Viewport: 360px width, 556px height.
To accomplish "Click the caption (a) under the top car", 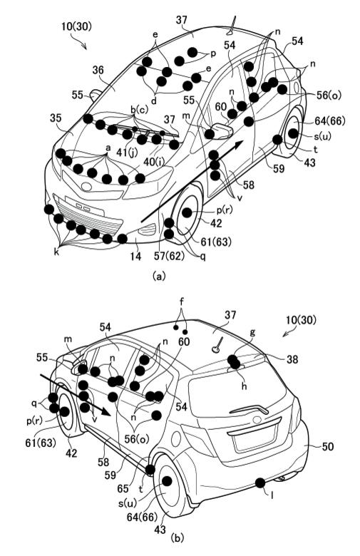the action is click(x=158, y=276).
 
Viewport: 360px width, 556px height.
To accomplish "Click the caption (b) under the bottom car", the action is click(x=178, y=547).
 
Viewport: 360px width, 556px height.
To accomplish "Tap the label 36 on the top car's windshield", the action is click(x=98, y=70).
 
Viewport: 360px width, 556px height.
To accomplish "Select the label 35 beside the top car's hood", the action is click(x=56, y=118).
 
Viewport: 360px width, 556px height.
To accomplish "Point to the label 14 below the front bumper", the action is click(x=136, y=256).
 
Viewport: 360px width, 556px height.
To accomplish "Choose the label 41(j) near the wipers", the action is click(x=127, y=153).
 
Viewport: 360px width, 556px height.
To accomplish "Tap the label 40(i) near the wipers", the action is click(x=154, y=162).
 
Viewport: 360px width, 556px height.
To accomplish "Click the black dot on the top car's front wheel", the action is click(x=187, y=212).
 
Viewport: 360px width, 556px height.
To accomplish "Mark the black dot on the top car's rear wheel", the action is click(x=293, y=133).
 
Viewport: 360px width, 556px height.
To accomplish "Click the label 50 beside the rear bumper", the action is click(x=328, y=446).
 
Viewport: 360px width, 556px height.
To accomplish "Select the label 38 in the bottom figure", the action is click(x=292, y=359).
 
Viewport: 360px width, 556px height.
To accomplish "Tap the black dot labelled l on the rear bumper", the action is click(x=260, y=483).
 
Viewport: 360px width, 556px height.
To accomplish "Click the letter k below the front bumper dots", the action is click(x=57, y=252).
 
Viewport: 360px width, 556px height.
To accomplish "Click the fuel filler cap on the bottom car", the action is click(x=176, y=439).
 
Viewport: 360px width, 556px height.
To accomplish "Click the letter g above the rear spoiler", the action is click(x=252, y=333).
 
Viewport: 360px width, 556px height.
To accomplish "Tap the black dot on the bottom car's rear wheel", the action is click(x=167, y=481).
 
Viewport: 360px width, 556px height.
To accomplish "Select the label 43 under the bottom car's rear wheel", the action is click(x=160, y=530).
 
